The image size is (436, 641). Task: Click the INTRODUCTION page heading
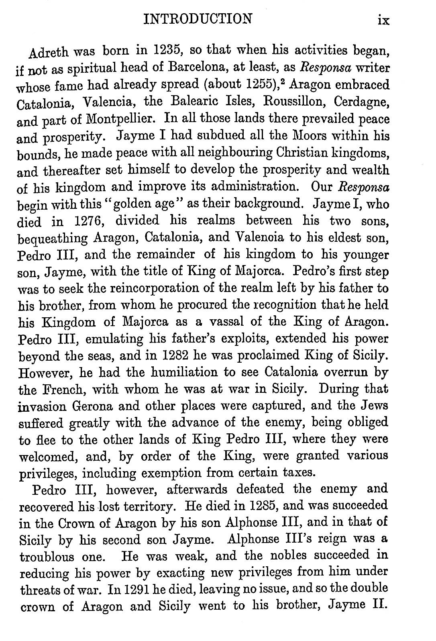198,18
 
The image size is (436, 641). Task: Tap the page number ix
383,19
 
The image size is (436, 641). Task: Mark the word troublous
47,557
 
